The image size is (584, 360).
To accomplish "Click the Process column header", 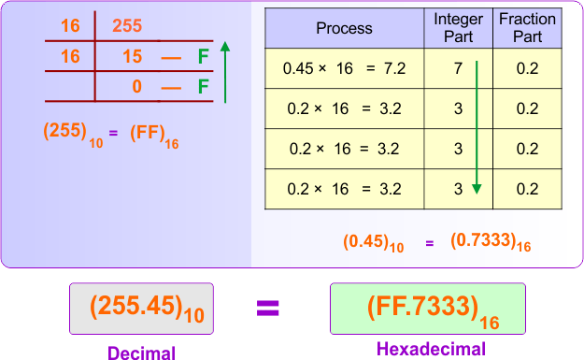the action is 343,29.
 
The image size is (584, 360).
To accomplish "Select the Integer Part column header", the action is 459,29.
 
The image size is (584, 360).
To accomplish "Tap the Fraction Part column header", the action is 527,29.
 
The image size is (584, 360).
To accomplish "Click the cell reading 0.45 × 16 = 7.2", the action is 343,69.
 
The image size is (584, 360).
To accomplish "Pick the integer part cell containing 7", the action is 458,69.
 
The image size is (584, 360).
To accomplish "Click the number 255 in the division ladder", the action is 127,26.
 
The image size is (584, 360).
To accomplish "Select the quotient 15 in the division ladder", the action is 132,58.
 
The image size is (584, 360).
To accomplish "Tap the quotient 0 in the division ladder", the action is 135,88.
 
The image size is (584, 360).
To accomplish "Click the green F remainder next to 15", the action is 202,58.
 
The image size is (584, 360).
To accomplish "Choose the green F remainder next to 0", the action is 202,88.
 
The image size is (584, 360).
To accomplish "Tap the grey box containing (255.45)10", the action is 141,308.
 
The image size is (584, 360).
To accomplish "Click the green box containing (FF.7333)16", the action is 428,308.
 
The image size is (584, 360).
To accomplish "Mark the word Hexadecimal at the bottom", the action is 430,350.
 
